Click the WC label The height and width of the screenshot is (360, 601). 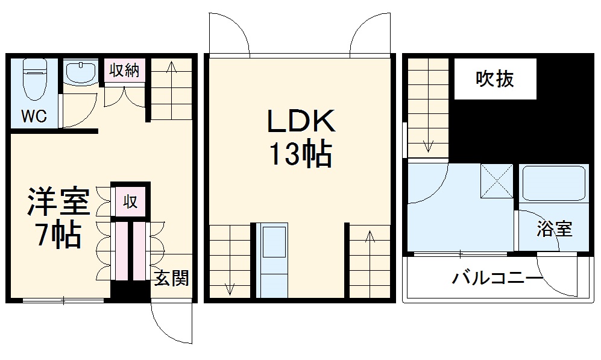[x=34, y=115]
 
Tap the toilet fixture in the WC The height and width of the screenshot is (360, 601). [x=35, y=79]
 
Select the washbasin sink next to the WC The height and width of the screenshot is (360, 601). [x=81, y=72]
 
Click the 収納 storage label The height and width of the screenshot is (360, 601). [x=124, y=71]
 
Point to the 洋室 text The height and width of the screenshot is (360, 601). [x=58, y=201]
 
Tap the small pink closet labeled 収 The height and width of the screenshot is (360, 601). [x=130, y=201]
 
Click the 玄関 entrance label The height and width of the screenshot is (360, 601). [x=172, y=278]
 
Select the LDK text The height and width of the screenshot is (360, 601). [x=301, y=121]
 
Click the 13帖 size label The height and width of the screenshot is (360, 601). [x=301, y=154]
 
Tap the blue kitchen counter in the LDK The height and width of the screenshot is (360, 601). [x=272, y=260]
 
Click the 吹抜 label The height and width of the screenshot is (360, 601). [x=495, y=79]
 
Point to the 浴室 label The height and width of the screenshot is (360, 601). [x=554, y=229]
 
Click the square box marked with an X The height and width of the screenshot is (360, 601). [x=497, y=180]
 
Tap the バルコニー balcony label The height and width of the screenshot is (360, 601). [x=497, y=277]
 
